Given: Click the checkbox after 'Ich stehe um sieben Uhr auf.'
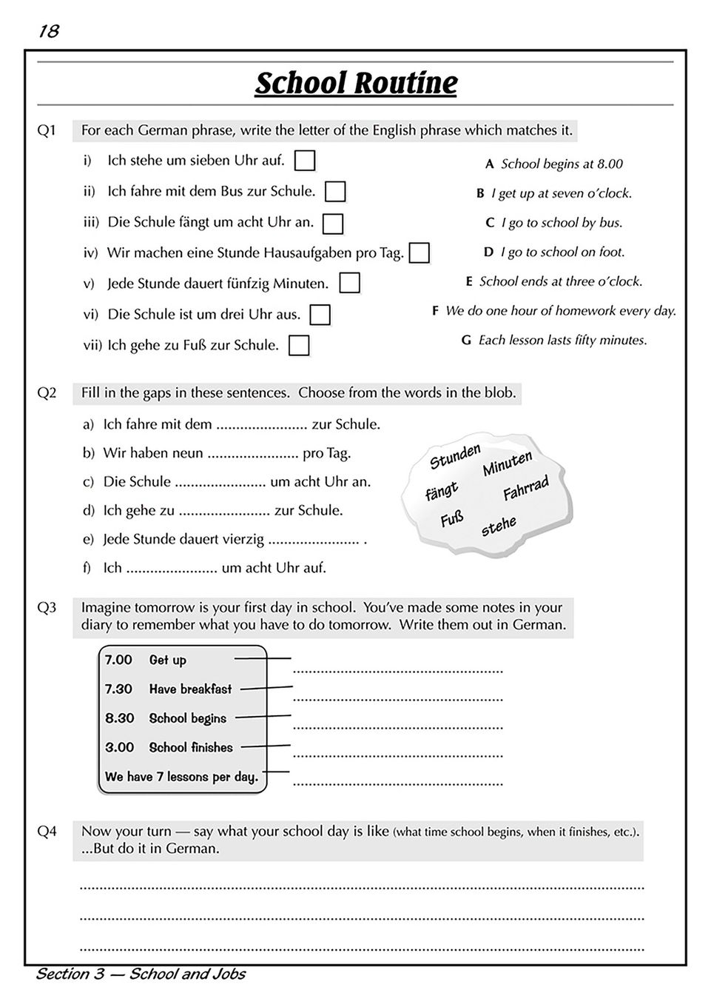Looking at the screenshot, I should (305, 161).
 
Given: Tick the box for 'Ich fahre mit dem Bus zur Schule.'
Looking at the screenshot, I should (335, 192).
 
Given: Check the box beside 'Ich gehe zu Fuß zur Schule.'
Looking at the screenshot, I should (299, 346).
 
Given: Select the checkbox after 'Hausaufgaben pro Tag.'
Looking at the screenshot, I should (419, 253).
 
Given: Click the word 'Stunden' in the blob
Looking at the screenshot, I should (455, 457).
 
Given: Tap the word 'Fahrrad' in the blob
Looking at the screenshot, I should (525, 489).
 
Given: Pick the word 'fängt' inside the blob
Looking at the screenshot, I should (442, 491).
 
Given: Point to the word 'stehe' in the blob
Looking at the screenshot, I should (499, 526).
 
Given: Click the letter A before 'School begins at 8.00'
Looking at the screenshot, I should (489, 164).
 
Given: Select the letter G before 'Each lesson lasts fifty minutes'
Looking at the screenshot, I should (466, 341).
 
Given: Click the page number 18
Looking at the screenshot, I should (48, 31).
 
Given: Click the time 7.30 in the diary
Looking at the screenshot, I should (118, 689).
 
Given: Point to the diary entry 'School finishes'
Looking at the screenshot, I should (191, 748).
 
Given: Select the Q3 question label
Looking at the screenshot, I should (47, 608).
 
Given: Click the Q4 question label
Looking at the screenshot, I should (47, 832).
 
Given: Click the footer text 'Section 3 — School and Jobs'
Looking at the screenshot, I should (141, 974).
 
